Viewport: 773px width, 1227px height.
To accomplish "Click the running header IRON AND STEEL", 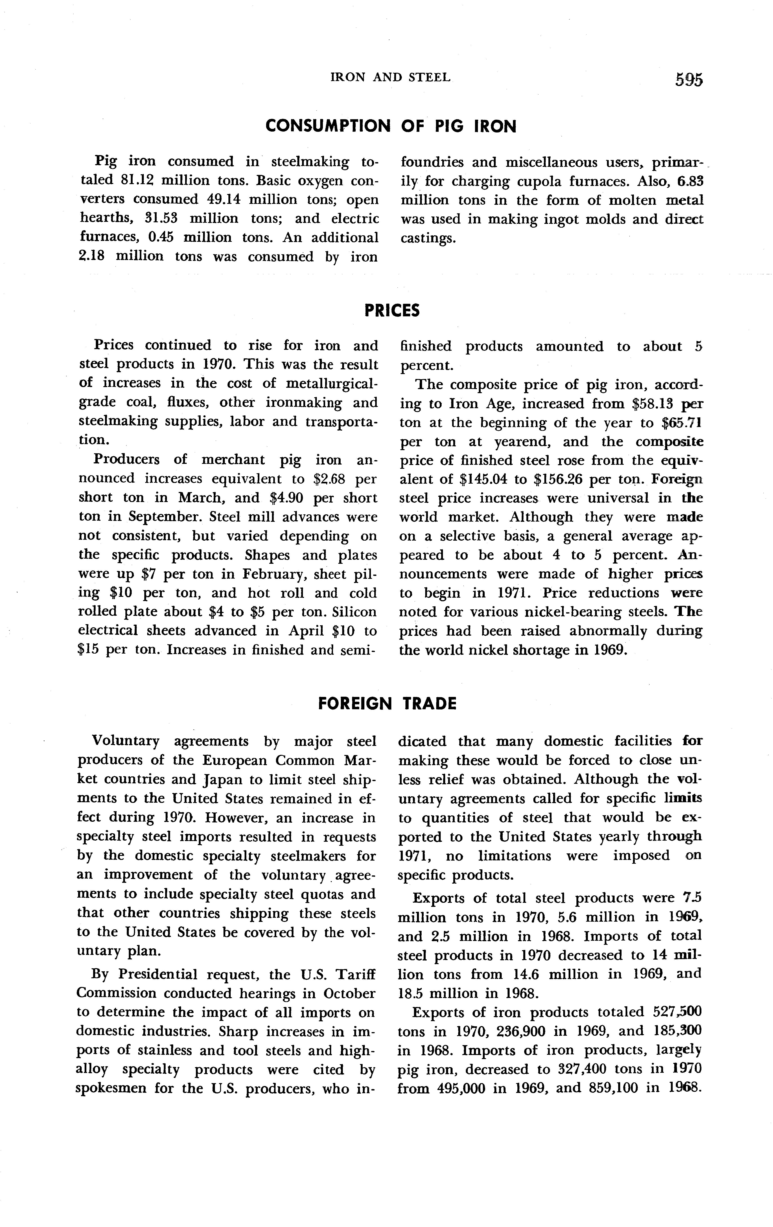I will click(391, 77).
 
